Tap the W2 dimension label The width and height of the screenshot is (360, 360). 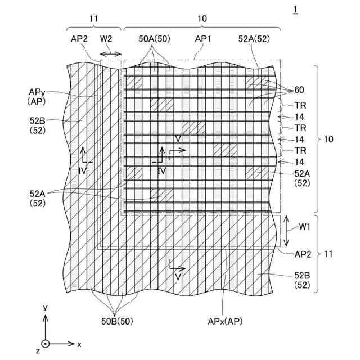coord(107,39)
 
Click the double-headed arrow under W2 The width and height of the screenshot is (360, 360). coord(110,53)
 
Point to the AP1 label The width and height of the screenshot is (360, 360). coord(203,39)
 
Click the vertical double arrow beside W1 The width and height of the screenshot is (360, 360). coord(286,231)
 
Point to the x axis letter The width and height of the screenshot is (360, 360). coord(79,343)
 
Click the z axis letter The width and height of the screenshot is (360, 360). coord(37,352)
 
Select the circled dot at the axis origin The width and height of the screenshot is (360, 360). coord(46,343)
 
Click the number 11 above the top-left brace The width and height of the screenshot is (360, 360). coord(94,19)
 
